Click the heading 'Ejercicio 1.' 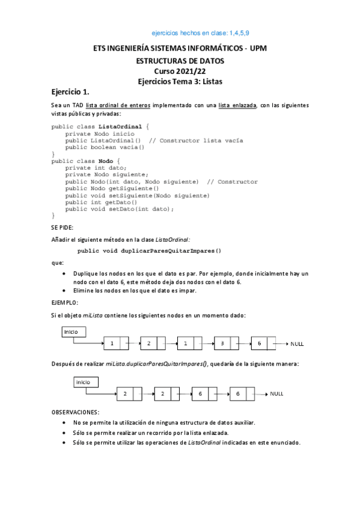click(x=70, y=92)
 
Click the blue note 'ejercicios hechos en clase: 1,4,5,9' click(x=205, y=34)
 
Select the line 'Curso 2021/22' click(x=180, y=71)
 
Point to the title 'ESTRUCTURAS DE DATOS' click(x=180, y=61)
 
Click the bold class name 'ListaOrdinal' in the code click(x=123, y=126)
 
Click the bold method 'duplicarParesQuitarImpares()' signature click(x=150, y=250)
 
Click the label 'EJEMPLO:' click(x=65, y=303)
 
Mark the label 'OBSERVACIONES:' click(x=75, y=412)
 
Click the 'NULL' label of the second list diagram click(x=276, y=393)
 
